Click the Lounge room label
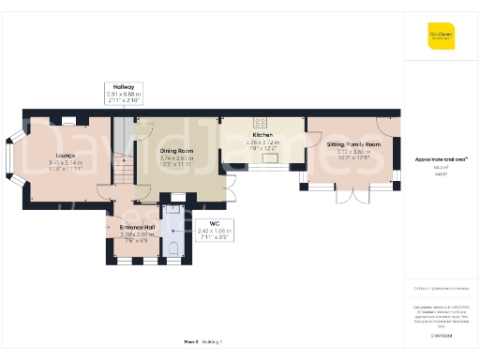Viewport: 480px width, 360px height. (x=65, y=156)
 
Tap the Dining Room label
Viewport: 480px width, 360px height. (x=176, y=151)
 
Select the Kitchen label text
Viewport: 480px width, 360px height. (x=262, y=135)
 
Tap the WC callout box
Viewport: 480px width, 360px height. (x=214, y=230)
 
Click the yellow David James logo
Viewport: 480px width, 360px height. (x=440, y=37)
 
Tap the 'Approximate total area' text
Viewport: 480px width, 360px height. (x=440, y=159)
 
